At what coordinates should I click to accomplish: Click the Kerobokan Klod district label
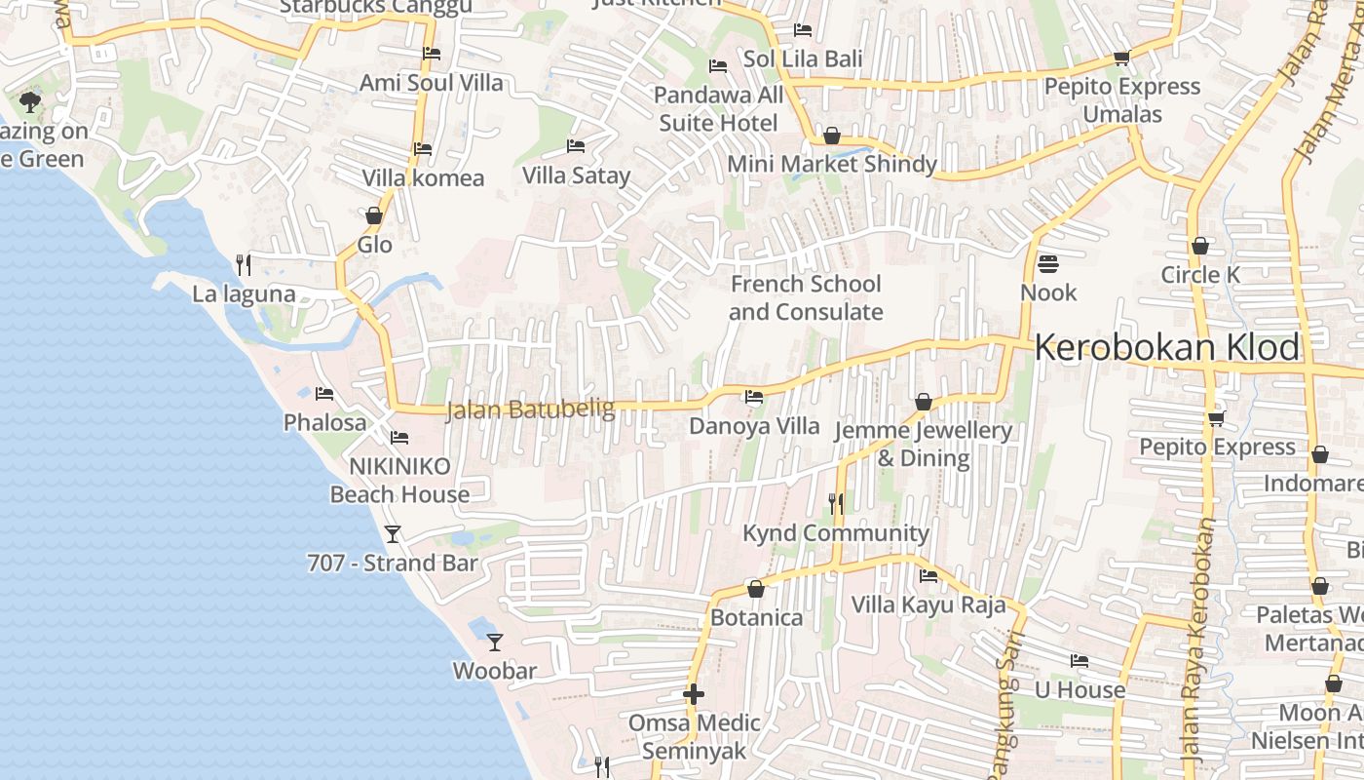pyautogui.click(x=1167, y=348)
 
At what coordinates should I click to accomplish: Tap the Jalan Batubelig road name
pyautogui.click(x=530, y=410)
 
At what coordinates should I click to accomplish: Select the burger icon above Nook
pyautogui.click(x=1048, y=263)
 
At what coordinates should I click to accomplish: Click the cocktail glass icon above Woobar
pyautogui.click(x=495, y=642)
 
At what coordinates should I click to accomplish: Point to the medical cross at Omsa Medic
pyautogui.click(x=693, y=694)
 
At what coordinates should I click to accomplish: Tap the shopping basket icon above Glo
pyautogui.click(x=374, y=215)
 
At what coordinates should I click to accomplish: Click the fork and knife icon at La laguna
pyautogui.click(x=244, y=264)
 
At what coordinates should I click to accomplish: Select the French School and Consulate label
pyautogui.click(x=806, y=297)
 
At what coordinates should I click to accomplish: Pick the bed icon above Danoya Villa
pyautogui.click(x=754, y=397)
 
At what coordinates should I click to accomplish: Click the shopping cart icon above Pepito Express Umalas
pyautogui.click(x=1121, y=58)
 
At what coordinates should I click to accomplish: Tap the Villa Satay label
pyautogui.click(x=576, y=175)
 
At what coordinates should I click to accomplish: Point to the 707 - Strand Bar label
pyautogui.click(x=393, y=563)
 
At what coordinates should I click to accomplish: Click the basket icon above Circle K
pyautogui.click(x=1200, y=246)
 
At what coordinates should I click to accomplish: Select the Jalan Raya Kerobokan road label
pyautogui.click(x=1197, y=639)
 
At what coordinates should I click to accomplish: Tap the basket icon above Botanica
pyautogui.click(x=755, y=589)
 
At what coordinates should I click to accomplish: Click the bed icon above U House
pyautogui.click(x=1079, y=660)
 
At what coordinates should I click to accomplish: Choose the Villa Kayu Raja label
pyautogui.click(x=928, y=604)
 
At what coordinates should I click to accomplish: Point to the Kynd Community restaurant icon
pyautogui.click(x=835, y=503)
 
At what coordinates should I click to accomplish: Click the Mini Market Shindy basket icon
pyautogui.click(x=831, y=136)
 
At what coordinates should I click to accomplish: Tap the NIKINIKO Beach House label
pyautogui.click(x=399, y=480)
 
